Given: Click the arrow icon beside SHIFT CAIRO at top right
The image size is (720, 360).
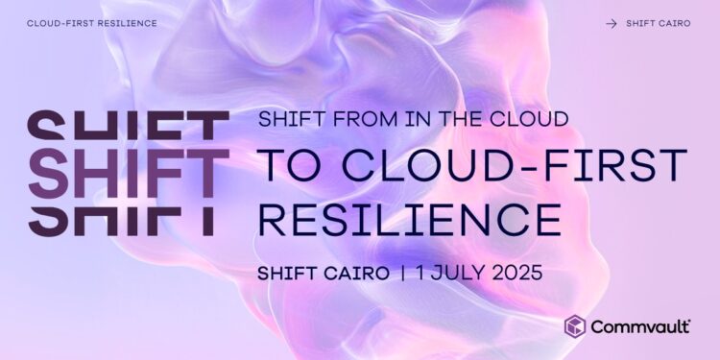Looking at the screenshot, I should pyautogui.click(x=612, y=23).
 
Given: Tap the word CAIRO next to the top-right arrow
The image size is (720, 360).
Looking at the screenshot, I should pyautogui.click(x=673, y=23).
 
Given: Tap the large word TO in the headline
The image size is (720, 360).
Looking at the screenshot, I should pyautogui.click(x=289, y=167).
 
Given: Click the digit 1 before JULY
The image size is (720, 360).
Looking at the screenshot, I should pyautogui.click(x=423, y=273).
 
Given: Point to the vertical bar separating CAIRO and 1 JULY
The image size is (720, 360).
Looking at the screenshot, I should pyautogui.click(x=404, y=273).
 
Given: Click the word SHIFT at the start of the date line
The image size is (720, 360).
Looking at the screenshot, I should pyautogui.click(x=287, y=273).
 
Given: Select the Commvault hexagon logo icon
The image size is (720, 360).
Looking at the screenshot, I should pyautogui.click(x=574, y=326).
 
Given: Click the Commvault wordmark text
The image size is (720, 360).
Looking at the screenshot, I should pyautogui.click(x=640, y=327).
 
